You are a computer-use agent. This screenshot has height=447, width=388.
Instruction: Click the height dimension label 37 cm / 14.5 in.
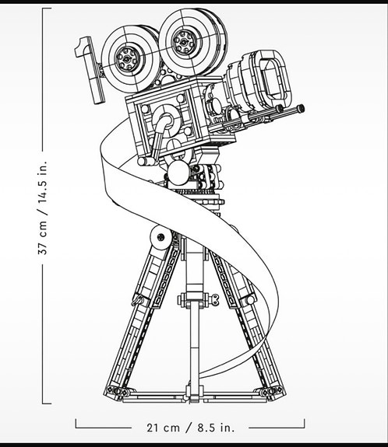coord(43,208)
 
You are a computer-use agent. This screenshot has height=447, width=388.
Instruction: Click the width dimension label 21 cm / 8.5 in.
coord(191,428)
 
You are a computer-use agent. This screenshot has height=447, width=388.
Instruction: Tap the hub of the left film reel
coord(128,59)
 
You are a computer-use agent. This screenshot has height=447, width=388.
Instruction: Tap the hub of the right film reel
coord(184,42)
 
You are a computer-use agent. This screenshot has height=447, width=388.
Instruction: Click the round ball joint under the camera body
coord(178,172)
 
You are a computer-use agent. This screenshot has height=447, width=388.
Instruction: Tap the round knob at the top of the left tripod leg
coord(160,237)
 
